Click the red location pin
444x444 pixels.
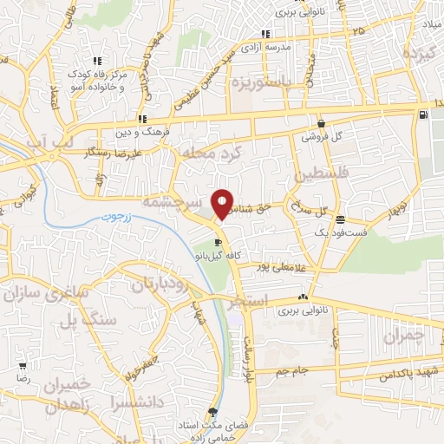tap(223, 205)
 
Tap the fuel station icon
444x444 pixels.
tap(422, 114)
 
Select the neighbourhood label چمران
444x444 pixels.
tap(404, 334)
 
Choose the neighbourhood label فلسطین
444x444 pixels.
tap(325, 174)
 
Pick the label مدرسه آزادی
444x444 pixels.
tap(263, 45)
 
